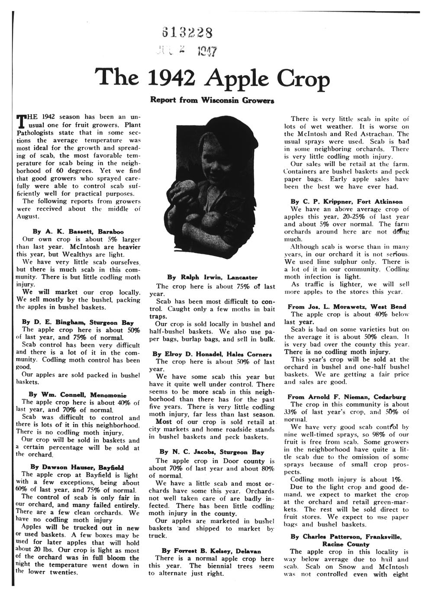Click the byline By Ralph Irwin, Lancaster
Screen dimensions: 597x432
tap(212, 277)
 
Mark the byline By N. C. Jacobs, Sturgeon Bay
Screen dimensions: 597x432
tap(212, 452)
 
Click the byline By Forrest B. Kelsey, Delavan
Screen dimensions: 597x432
tap(211, 551)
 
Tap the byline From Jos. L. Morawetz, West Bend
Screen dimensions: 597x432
tap(347, 306)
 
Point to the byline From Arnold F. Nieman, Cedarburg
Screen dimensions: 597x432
tap(346, 397)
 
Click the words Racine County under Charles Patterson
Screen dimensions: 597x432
tap(346, 544)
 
